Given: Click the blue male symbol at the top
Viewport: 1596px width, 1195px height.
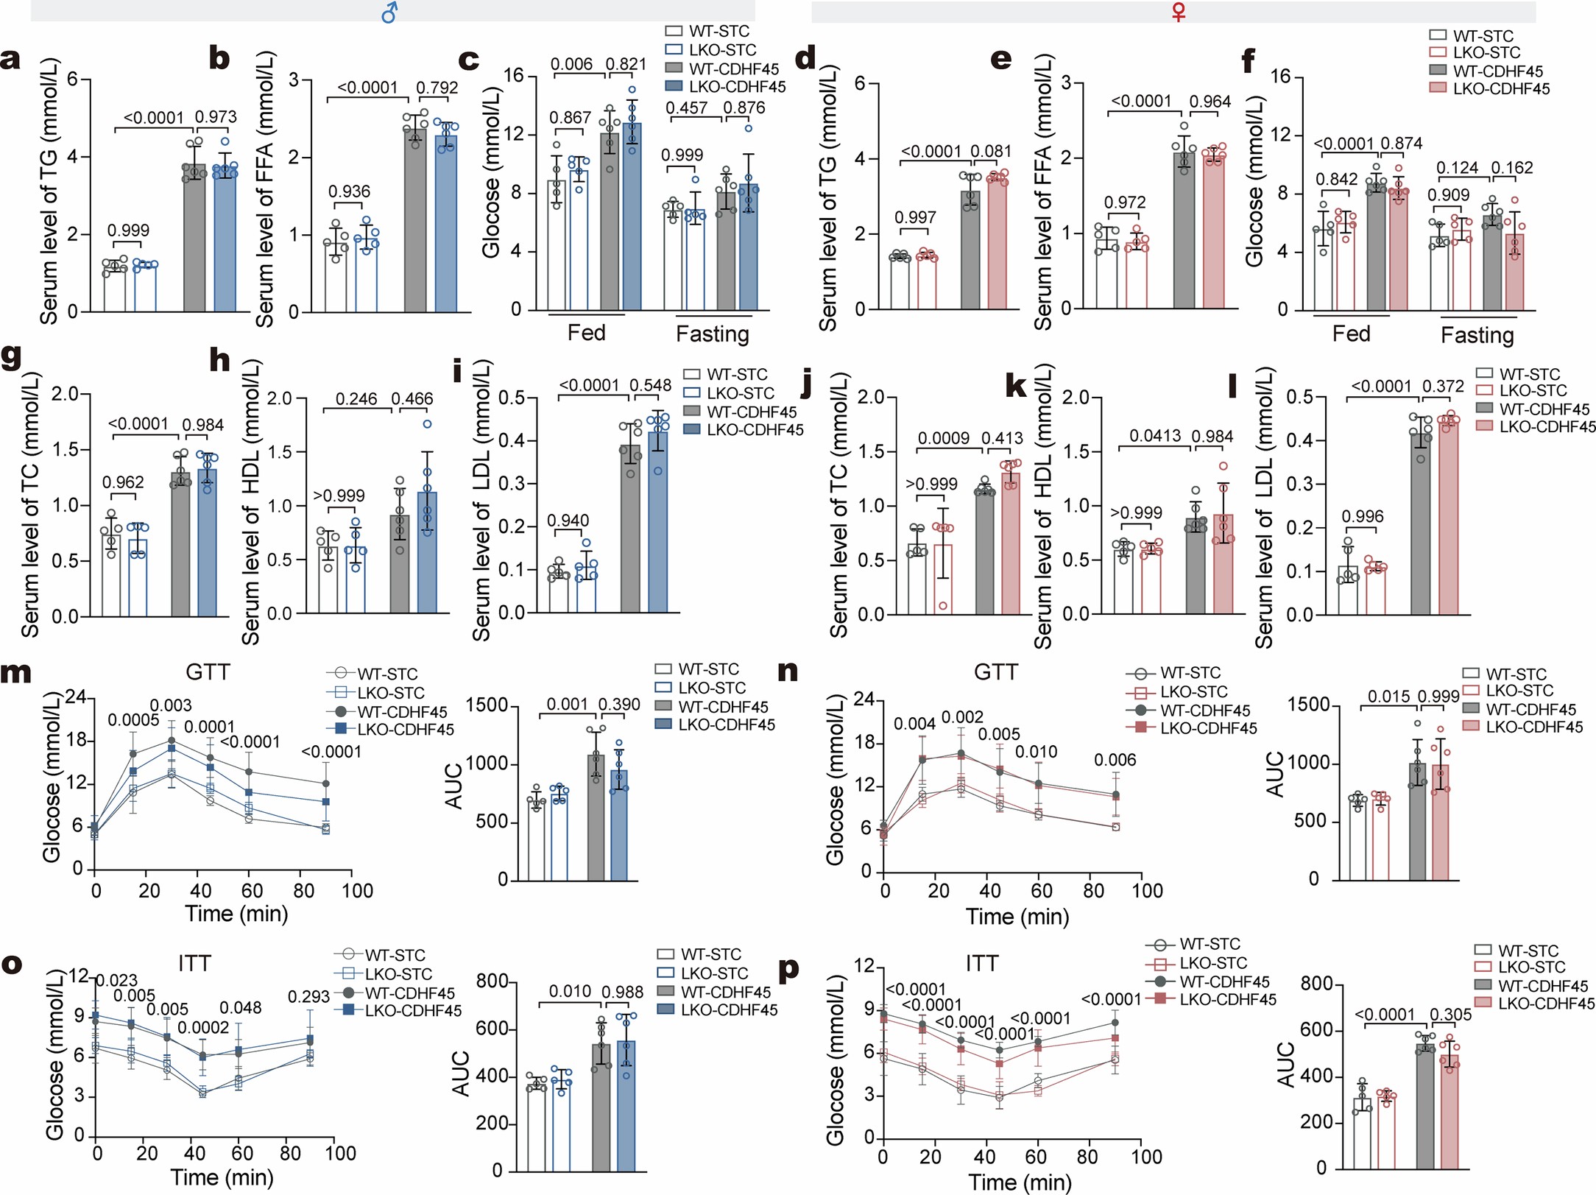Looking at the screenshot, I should (x=390, y=13).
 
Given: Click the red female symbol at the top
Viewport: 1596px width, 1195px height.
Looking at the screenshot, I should (x=1179, y=12).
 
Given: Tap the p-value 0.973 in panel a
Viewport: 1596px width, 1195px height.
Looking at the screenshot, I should (x=216, y=117).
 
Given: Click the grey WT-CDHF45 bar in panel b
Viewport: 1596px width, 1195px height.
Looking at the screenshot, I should (x=415, y=221).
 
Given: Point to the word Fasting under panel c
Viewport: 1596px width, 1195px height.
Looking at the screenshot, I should (x=712, y=334).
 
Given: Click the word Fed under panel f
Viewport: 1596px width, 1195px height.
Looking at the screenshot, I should (x=1351, y=334).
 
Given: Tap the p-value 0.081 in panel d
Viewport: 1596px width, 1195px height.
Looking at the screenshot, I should (x=991, y=152).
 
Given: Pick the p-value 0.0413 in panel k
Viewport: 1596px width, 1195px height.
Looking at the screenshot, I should (x=1155, y=436).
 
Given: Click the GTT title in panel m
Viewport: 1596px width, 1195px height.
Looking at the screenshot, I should (x=208, y=672).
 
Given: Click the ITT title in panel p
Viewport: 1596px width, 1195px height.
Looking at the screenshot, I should (x=982, y=963).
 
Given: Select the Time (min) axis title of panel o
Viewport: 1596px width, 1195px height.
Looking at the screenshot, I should (x=222, y=1177).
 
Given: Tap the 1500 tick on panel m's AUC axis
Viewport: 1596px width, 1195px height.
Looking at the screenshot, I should (x=487, y=705).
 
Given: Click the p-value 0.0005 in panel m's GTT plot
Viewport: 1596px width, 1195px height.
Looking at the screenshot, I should (x=133, y=720).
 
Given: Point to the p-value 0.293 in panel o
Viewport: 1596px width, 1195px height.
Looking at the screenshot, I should (x=308, y=997).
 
